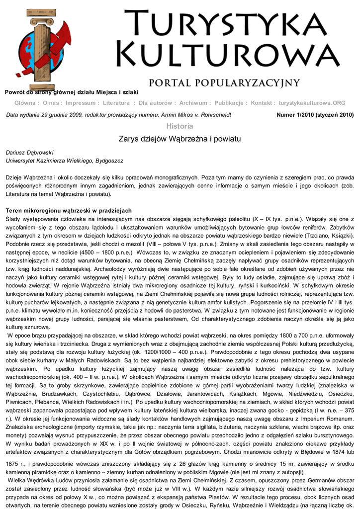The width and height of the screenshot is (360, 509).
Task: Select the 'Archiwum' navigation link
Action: coord(193,103)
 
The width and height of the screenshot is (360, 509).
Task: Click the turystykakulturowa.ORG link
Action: coord(312,103)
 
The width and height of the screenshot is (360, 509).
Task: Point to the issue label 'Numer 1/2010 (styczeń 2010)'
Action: coord(315,115)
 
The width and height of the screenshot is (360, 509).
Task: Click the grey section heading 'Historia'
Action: coord(180,126)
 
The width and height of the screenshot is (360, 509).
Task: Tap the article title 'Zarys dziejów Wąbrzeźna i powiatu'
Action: coord(180,139)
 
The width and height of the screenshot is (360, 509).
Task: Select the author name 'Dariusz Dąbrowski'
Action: coord(29,152)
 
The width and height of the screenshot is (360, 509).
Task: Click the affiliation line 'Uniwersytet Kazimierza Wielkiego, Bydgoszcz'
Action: coord(64,161)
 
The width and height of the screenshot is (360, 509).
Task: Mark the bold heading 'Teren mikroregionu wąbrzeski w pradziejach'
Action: coord(68,211)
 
